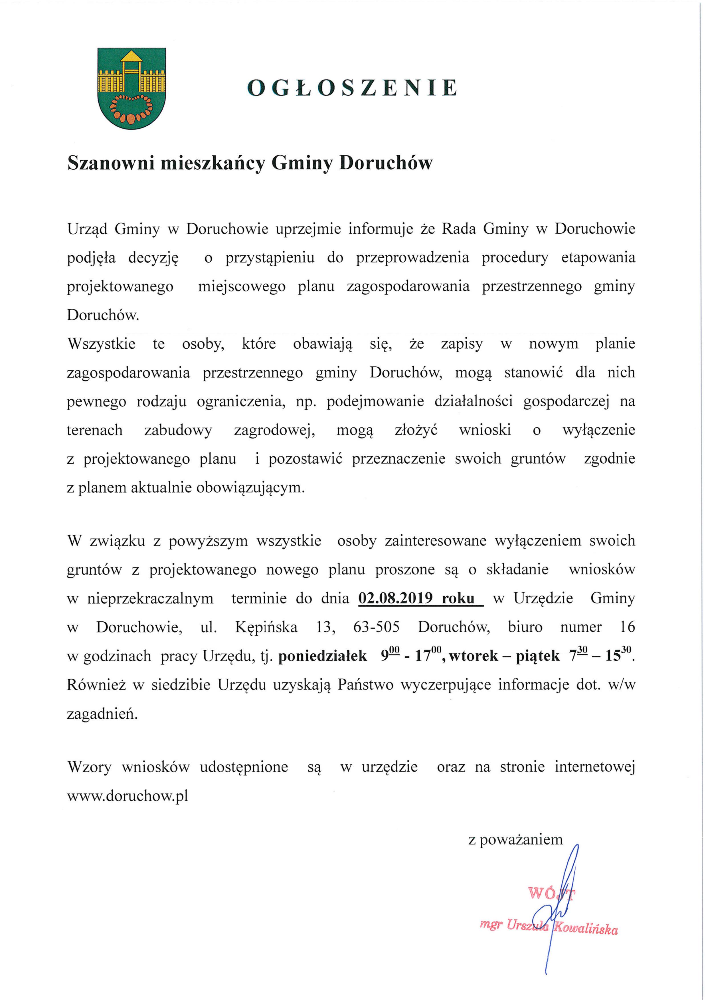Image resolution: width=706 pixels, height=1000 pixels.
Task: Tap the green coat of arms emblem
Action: [131, 88]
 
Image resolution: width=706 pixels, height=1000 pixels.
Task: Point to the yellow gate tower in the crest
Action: [131, 70]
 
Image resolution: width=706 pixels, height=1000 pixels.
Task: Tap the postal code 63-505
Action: [377, 627]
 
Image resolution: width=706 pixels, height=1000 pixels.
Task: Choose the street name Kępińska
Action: [266, 627]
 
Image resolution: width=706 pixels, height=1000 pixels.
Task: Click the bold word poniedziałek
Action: [322, 656]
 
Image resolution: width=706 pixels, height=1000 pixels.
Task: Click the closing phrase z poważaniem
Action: [515, 839]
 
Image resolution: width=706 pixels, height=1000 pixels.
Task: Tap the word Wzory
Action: [89, 767]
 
